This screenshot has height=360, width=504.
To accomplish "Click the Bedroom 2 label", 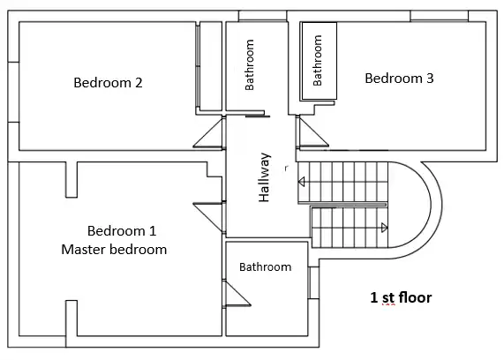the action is pyautogui.click(x=108, y=83).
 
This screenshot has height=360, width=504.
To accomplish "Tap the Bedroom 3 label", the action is pyautogui.click(x=399, y=79).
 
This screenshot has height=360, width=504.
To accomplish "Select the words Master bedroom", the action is pyautogui.click(x=114, y=250).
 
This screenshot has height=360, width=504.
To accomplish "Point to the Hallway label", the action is pyautogui.click(x=264, y=177).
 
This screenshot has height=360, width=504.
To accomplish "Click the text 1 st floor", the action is pyautogui.click(x=401, y=297).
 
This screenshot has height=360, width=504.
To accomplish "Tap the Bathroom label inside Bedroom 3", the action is pyautogui.click(x=317, y=60).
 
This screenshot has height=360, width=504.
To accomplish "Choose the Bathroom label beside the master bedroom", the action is pyautogui.click(x=266, y=266).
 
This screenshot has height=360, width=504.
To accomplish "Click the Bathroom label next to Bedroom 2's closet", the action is pyautogui.click(x=250, y=64).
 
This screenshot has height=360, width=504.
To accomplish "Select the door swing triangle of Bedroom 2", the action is pyautogui.click(x=208, y=132).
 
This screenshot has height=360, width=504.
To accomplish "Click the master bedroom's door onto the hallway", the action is pyautogui.click(x=208, y=217).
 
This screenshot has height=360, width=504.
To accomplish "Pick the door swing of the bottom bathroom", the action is pyautogui.click(x=237, y=293).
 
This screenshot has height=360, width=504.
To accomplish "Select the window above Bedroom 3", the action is pyautogui.click(x=439, y=16).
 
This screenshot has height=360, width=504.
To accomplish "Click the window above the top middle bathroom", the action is pyautogui.click(x=263, y=16).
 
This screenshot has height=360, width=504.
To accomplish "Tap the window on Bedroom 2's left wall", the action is pyautogui.click(x=13, y=93).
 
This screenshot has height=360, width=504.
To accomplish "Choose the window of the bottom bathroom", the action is pyautogui.click(x=313, y=283).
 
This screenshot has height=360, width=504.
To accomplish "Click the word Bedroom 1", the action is pyautogui.click(x=122, y=231).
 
